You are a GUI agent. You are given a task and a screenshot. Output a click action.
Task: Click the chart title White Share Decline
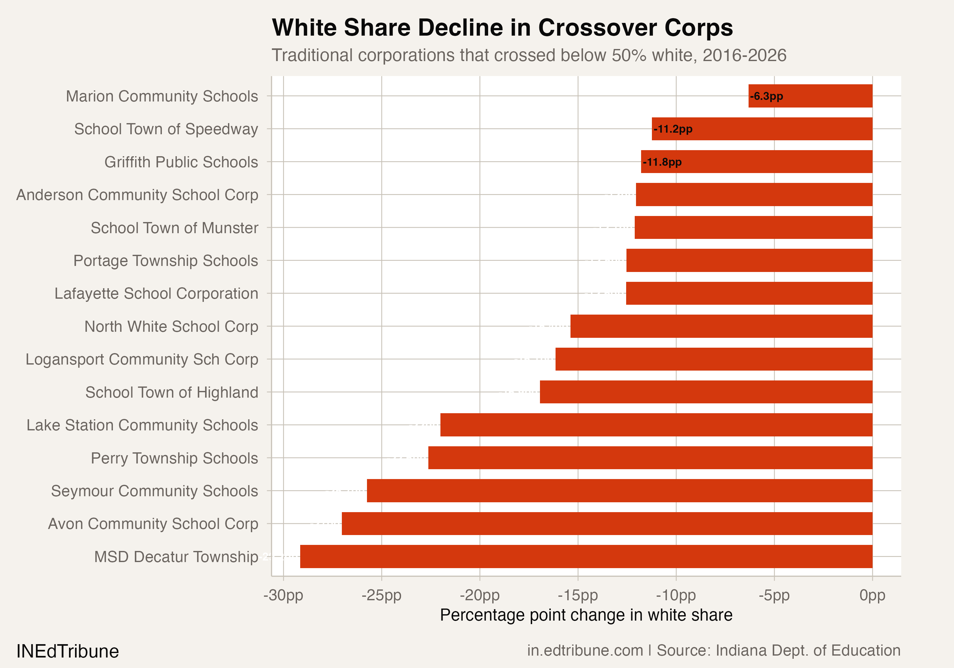502,28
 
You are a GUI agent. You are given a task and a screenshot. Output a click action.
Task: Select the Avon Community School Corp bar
607,523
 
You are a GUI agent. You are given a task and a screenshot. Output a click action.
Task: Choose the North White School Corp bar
721,326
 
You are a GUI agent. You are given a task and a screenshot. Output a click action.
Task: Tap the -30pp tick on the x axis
283,595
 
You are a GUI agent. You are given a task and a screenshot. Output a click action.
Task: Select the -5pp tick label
774,595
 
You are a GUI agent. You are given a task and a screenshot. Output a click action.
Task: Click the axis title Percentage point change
586,615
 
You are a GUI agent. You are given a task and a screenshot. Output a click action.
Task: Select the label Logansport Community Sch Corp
142,359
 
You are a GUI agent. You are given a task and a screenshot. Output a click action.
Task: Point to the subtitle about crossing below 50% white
529,55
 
